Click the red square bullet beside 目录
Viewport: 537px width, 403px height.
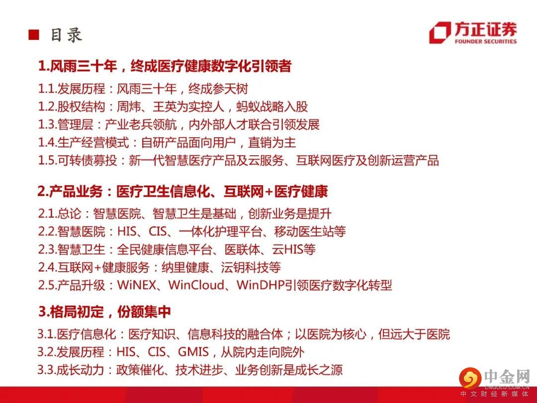point(34,35)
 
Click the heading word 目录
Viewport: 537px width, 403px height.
point(67,35)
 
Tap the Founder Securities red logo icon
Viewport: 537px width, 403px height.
point(440,32)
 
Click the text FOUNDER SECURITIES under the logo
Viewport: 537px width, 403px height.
point(486,41)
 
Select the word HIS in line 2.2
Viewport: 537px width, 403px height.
point(127,232)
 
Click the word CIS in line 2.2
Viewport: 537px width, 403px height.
point(158,232)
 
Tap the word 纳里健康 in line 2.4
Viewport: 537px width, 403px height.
point(185,267)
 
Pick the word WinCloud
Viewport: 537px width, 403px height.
point(196,285)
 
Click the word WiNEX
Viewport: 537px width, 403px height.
point(137,285)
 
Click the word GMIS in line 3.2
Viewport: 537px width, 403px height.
point(193,352)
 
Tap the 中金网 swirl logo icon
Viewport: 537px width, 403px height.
point(470,378)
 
